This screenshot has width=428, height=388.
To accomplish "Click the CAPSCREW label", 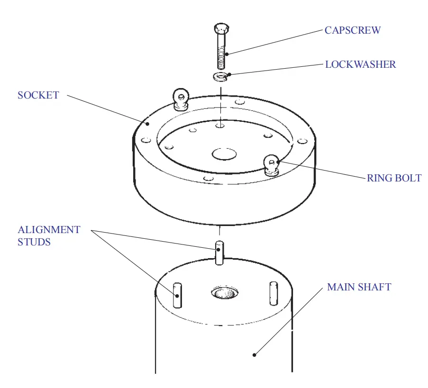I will click(352, 30).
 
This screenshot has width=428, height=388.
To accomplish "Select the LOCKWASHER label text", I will click(360, 64).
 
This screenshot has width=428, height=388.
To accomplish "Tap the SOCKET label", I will click(38, 95).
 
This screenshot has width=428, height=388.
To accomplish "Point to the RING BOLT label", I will click(394, 178).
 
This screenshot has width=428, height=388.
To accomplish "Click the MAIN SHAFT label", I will click(359, 287).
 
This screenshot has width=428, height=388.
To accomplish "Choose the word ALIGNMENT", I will click(49, 230).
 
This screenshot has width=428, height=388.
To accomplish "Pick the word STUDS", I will click(34, 242).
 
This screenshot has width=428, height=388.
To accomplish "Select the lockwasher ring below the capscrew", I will click(220, 75).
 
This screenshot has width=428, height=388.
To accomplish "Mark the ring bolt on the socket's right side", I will click(271, 164).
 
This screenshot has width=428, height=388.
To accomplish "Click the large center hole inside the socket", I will click(224, 154).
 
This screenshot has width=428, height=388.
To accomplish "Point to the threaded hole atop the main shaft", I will click(224, 293).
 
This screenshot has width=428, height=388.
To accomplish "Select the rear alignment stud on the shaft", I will click(219, 253).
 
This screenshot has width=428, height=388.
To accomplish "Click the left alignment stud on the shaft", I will click(177, 295).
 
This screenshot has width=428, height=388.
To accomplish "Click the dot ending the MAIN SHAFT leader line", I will click(255, 354).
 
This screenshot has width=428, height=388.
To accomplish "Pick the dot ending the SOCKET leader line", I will click(148, 124).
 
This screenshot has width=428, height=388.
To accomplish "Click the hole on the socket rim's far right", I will click(301, 141).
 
